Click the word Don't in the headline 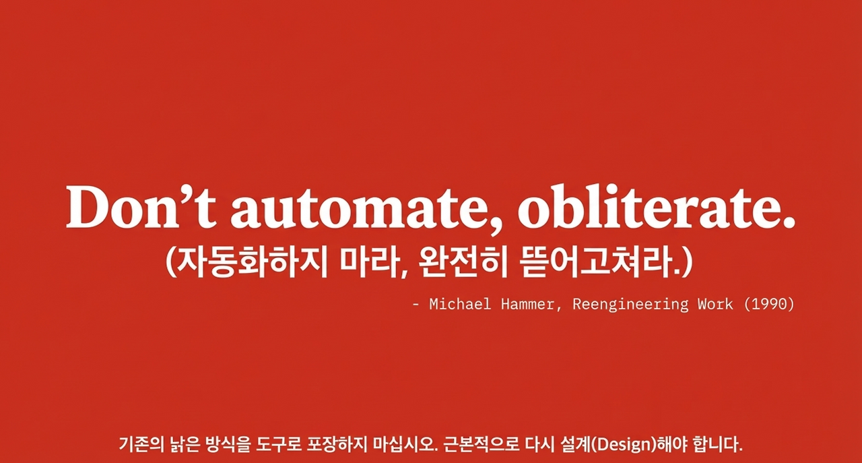click(140, 205)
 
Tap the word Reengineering click(630, 305)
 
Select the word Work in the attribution click(715, 305)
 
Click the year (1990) click(769, 305)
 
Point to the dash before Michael click(416, 305)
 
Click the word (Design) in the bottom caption click(620, 445)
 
